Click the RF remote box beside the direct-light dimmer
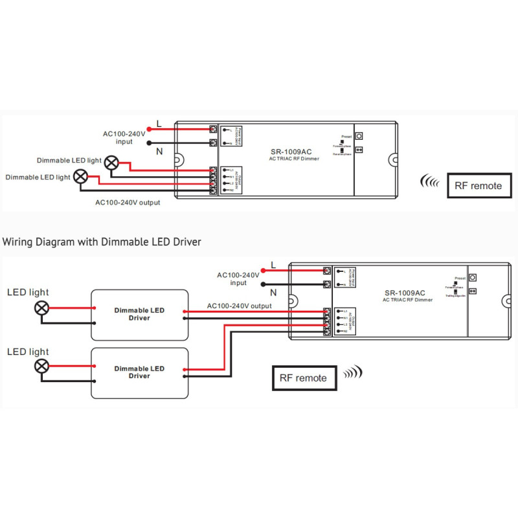[x=479, y=185]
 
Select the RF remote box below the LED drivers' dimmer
[x=303, y=377]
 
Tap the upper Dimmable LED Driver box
[x=139, y=315]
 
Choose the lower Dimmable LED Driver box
[x=139, y=372]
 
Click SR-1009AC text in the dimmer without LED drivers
[x=291, y=152]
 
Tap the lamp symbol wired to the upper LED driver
[x=42, y=308]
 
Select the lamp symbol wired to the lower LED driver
[x=42, y=366]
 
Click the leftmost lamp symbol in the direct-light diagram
[x=81, y=176]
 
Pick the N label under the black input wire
[x=159, y=152]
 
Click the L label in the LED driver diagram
[x=273, y=264]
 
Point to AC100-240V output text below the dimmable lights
[x=128, y=202]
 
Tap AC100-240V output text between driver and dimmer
[x=239, y=306]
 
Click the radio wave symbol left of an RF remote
[x=429, y=181]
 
